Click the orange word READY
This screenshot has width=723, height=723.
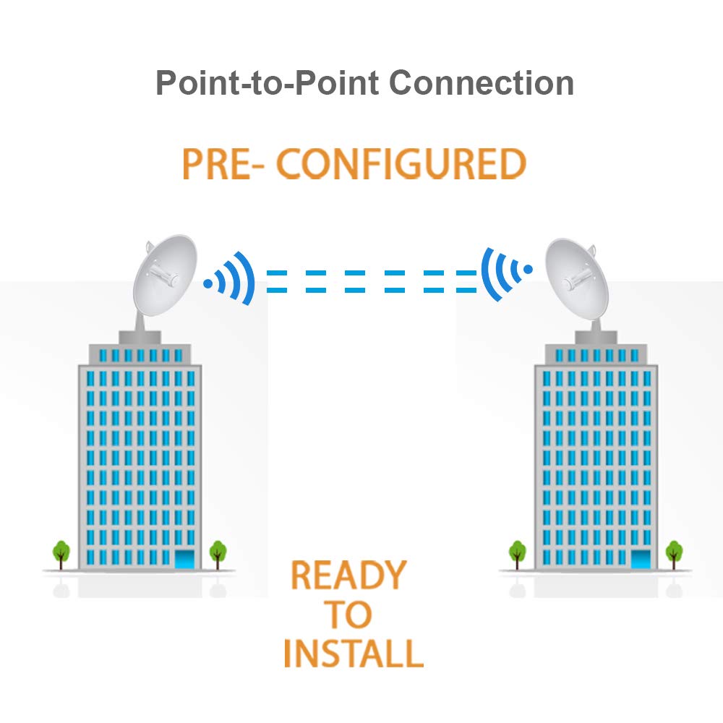coord(348,576)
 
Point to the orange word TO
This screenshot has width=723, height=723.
coord(348,615)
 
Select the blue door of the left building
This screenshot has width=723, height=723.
coord(186,558)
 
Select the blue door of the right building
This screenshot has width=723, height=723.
coord(641,559)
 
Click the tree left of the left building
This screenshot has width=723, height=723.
coord(61,553)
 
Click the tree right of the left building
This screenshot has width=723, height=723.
coord(218,553)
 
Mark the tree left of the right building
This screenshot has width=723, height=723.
coord(517,553)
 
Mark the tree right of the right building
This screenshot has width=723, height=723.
coord(674,553)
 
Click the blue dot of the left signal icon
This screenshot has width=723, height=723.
coord(208,284)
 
